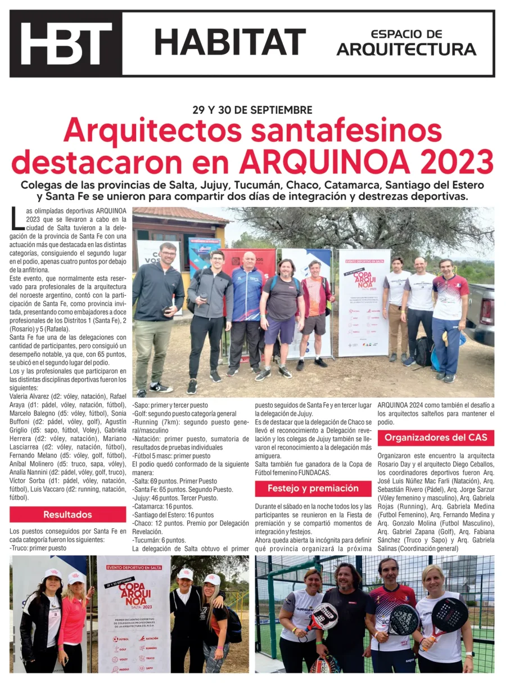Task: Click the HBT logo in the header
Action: [66, 43]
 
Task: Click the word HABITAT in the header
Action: [230, 42]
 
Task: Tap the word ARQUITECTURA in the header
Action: [406, 50]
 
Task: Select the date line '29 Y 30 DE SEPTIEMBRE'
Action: [252, 110]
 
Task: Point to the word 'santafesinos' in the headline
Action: [346, 131]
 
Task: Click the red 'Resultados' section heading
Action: [67, 514]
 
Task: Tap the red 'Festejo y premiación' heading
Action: [313, 488]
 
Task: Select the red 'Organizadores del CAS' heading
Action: [436, 438]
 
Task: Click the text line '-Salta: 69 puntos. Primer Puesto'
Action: [175, 481]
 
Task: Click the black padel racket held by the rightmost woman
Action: [448, 616]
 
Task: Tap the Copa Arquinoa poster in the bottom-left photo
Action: [133, 613]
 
